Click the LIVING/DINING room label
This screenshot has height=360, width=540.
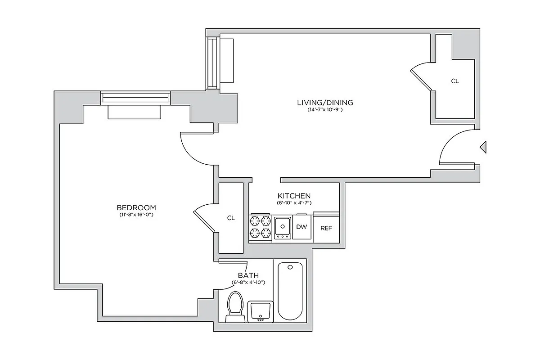pyautogui.click(x=325, y=103)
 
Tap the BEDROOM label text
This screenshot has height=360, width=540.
pyautogui.click(x=136, y=207)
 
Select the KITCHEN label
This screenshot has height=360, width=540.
pyautogui.click(x=294, y=196)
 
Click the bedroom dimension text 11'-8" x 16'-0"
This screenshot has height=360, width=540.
pyautogui.click(x=136, y=215)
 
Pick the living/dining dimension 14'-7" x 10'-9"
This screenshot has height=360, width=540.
pyautogui.click(x=325, y=110)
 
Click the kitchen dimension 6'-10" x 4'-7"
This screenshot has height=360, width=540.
pyautogui.click(x=294, y=203)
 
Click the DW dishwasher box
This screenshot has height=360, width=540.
pyautogui.click(x=301, y=227)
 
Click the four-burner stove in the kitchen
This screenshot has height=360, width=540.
pyautogui.click(x=260, y=227)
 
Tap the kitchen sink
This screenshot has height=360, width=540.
pyautogui.click(x=282, y=227)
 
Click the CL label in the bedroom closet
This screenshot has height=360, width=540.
pyautogui.click(x=231, y=218)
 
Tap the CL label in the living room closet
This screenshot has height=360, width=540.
pyautogui.click(x=455, y=81)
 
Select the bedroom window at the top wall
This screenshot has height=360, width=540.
pyautogui.click(x=135, y=97)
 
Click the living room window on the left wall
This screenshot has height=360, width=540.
pyautogui.click(x=212, y=63)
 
